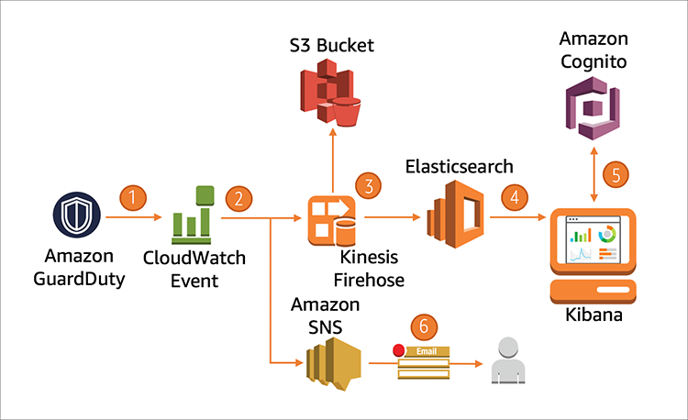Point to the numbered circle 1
click(134, 196)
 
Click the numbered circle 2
click(239, 197)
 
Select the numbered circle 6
click(421, 325)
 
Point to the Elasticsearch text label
click(458, 166)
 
